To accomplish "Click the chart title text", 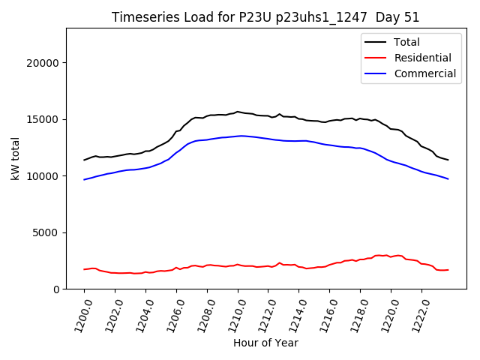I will point(265,17).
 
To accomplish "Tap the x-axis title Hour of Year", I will point(265,343).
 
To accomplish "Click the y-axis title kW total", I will point(15,159).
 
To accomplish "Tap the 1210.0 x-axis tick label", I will point(232,312).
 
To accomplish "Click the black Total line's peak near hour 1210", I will point(238,112).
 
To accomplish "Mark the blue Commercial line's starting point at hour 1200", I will point(85,179).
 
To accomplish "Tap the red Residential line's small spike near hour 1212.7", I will point(280,262).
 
